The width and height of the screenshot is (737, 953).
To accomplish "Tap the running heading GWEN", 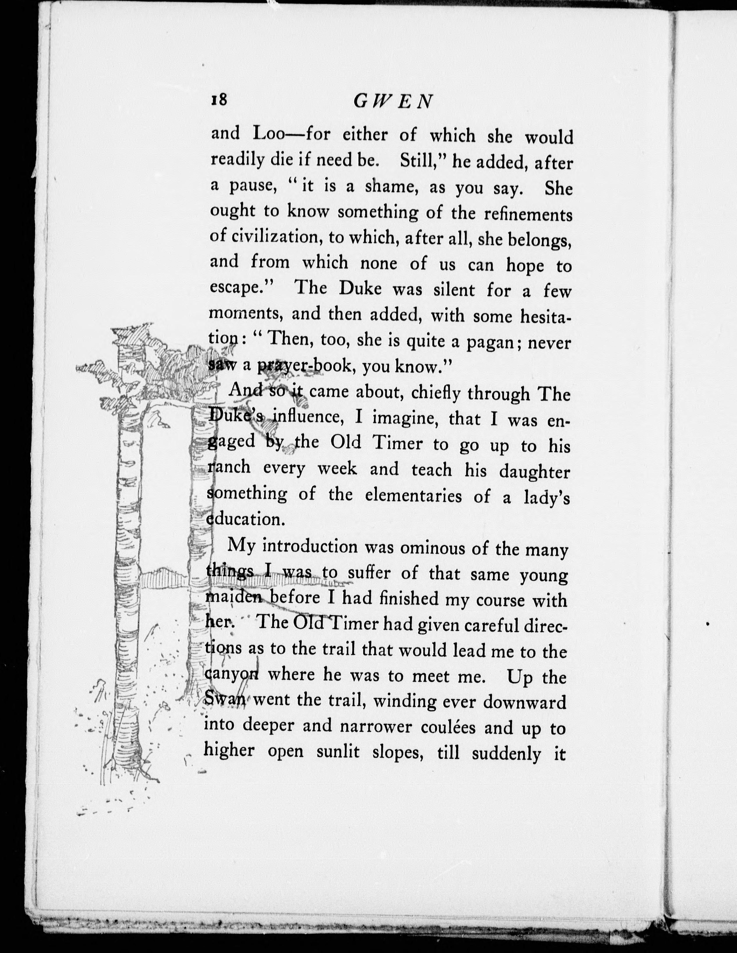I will [x=393, y=101].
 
